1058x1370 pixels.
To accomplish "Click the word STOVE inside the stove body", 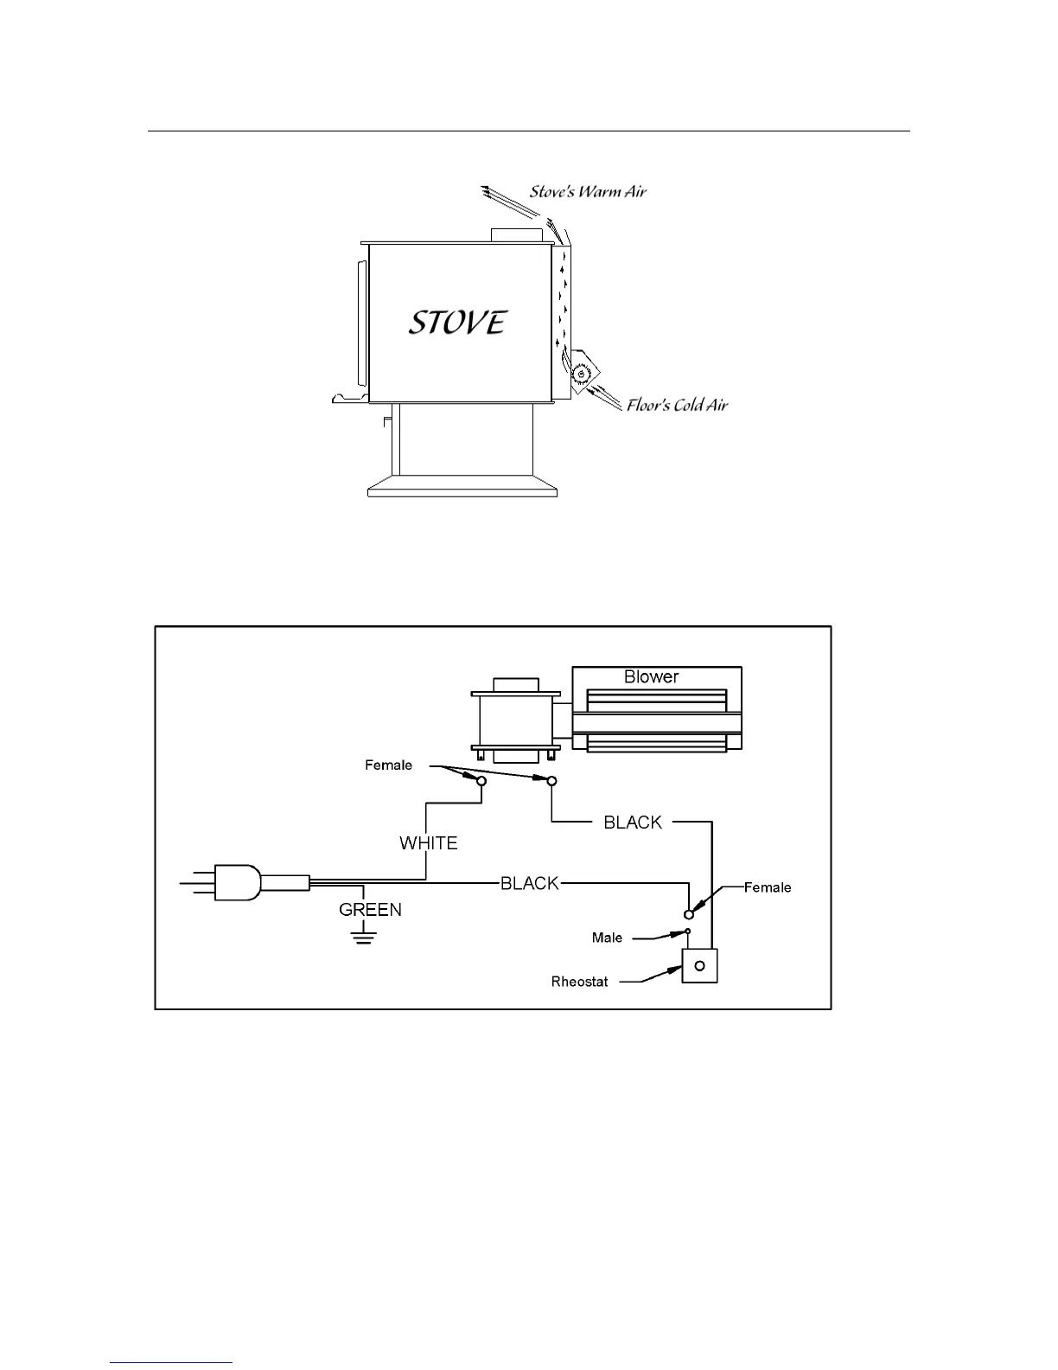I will pos(457,323).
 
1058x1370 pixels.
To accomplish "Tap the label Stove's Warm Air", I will pos(588,191).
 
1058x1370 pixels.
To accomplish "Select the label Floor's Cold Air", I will pos(678,405).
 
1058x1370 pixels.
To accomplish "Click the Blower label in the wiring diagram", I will pos(651,677).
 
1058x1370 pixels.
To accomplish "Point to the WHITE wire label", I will pos(429,843).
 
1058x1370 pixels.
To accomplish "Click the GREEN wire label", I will pos(370,910).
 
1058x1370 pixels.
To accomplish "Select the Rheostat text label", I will pos(580,982).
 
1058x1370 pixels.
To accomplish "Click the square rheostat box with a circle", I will pos(700,965).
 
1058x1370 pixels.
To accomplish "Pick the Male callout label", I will pos(607,938).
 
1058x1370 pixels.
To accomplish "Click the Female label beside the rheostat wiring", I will pos(768,887).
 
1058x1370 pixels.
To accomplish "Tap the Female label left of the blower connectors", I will pos(389,765).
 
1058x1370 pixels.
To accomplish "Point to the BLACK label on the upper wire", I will pos(633,823).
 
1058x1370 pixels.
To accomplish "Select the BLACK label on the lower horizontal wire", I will pos(530,883).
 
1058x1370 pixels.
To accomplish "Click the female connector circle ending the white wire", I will pos(482,781).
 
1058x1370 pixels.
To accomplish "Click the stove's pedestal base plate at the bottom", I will pos(462,489).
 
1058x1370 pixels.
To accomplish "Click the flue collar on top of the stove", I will pos(516,235).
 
